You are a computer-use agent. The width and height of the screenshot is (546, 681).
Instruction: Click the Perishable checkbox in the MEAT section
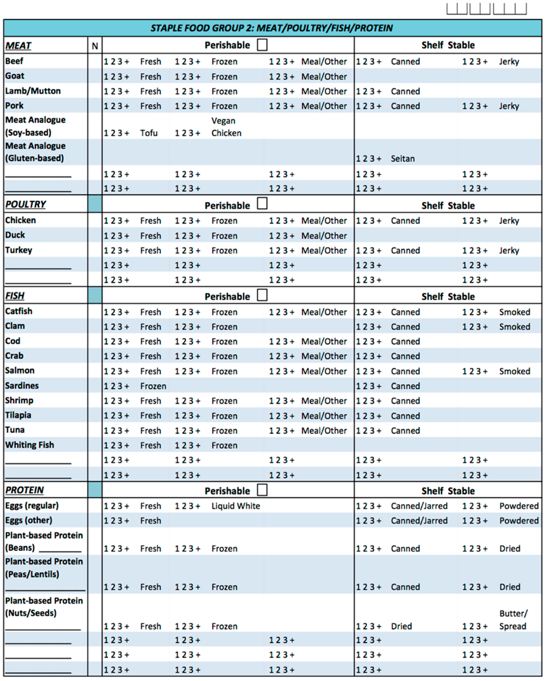(262, 45)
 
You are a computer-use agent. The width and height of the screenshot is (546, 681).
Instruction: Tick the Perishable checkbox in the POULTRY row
(262, 203)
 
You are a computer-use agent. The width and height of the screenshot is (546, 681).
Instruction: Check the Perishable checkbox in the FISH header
(262, 295)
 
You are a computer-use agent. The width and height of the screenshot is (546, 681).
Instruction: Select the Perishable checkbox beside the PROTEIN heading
(262, 490)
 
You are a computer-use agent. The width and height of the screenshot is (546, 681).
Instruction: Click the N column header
(95, 46)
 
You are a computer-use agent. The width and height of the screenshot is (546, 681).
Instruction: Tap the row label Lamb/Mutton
(33, 91)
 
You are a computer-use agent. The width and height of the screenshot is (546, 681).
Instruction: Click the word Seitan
(402, 159)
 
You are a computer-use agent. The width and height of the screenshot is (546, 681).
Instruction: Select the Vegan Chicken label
(226, 127)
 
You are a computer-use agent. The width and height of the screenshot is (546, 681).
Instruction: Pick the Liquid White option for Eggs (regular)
(236, 506)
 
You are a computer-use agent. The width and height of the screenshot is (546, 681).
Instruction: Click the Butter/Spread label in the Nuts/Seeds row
(513, 620)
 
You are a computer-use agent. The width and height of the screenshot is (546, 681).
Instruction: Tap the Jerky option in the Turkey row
(509, 250)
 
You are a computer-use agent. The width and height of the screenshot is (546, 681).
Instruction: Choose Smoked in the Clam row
(514, 327)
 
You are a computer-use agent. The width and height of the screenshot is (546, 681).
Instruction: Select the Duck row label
(15, 235)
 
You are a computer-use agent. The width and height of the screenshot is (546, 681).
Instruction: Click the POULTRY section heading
(25, 204)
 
